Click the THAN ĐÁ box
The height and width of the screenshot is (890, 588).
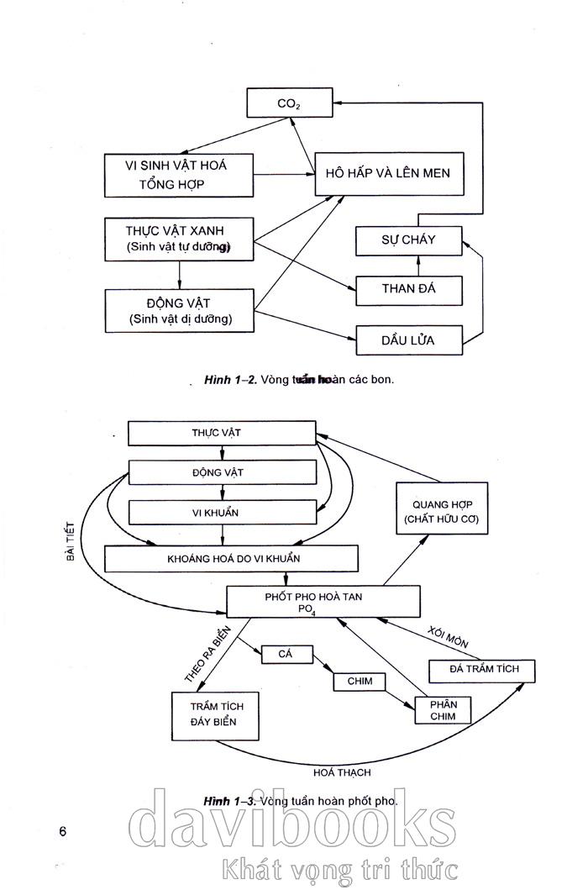pos(408,290)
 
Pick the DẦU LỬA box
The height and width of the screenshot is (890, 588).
pos(408,340)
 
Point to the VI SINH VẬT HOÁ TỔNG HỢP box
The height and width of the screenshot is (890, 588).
pos(179,175)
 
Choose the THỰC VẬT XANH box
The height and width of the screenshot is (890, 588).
pos(179,238)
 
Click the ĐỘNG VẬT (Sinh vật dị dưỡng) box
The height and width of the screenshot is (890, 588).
pos(179,310)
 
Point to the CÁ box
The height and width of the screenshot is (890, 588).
pos(285,653)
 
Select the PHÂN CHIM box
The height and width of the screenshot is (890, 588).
pos(443,708)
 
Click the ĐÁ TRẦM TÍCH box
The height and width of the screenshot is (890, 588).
pos(481,670)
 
